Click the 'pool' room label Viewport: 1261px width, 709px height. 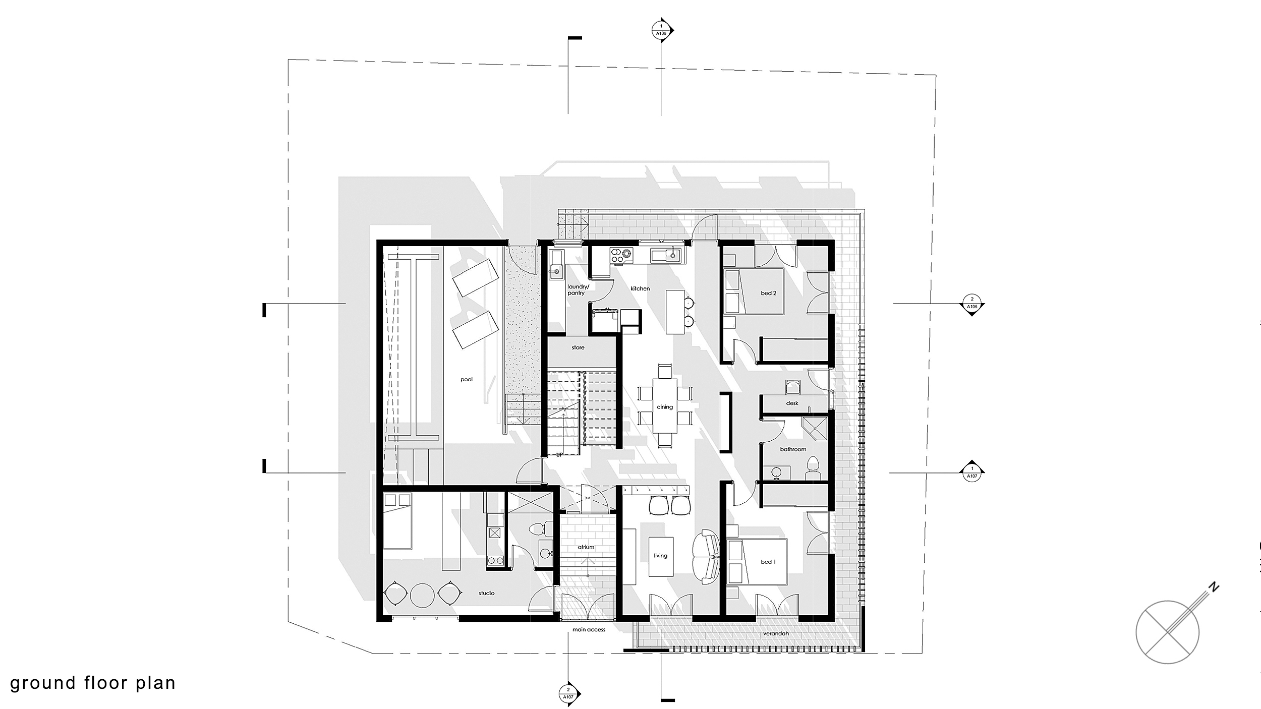tap(467, 379)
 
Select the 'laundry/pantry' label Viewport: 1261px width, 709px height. tap(578, 289)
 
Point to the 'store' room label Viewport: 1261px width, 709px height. tap(578, 347)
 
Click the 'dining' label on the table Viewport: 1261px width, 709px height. tap(665, 407)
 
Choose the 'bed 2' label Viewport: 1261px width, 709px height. tap(768, 293)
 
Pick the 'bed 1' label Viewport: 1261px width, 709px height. tap(768, 562)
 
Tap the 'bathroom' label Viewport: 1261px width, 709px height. tap(793, 449)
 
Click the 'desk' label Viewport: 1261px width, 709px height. tap(792, 403)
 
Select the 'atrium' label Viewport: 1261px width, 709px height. tap(586, 547)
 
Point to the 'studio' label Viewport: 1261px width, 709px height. tap(486, 593)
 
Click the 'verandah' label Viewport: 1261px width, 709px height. tap(776, 633)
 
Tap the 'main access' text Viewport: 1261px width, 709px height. tap(589, 629)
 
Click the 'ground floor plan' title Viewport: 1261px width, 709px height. tap(93, 683)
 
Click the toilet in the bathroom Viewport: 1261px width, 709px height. tap(813, 468)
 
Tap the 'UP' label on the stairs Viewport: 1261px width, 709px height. tap(559, 454)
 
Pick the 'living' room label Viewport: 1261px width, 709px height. tap(660, 555)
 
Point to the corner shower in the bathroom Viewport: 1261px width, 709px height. tap(814, 430)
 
